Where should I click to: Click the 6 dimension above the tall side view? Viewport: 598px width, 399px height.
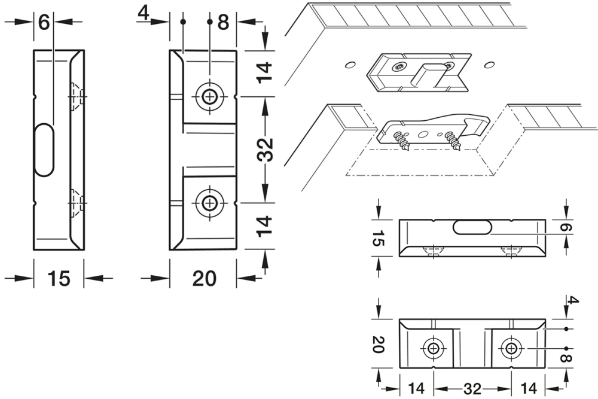pyautogui.click(x=44, y=23)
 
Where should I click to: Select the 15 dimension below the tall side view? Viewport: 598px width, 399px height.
pyautogui.click(x=59, y=278)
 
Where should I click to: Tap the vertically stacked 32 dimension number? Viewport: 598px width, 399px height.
pyautogui.click(x=267, y=150)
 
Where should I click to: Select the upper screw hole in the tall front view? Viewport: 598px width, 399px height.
pyautogui.click(x=209, y=96)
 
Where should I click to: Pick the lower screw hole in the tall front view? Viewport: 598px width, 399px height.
pyautogui.click(x=209, y=203)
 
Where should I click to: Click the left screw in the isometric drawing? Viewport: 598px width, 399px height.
pyautogui.click(x=399, y=142)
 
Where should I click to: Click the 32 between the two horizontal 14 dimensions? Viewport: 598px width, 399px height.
pyautogui.click(x=472, y=388)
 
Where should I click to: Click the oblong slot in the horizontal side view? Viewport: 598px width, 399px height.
pyautogui.click(x=472, y=227)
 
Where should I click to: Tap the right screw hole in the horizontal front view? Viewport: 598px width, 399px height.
pyautogui.click(x=510, y=348)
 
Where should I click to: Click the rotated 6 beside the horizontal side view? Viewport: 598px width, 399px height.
pyautogui.click(x=569, y=228)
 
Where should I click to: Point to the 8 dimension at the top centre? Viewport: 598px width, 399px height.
pyautogui.click(x=223, y=23)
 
